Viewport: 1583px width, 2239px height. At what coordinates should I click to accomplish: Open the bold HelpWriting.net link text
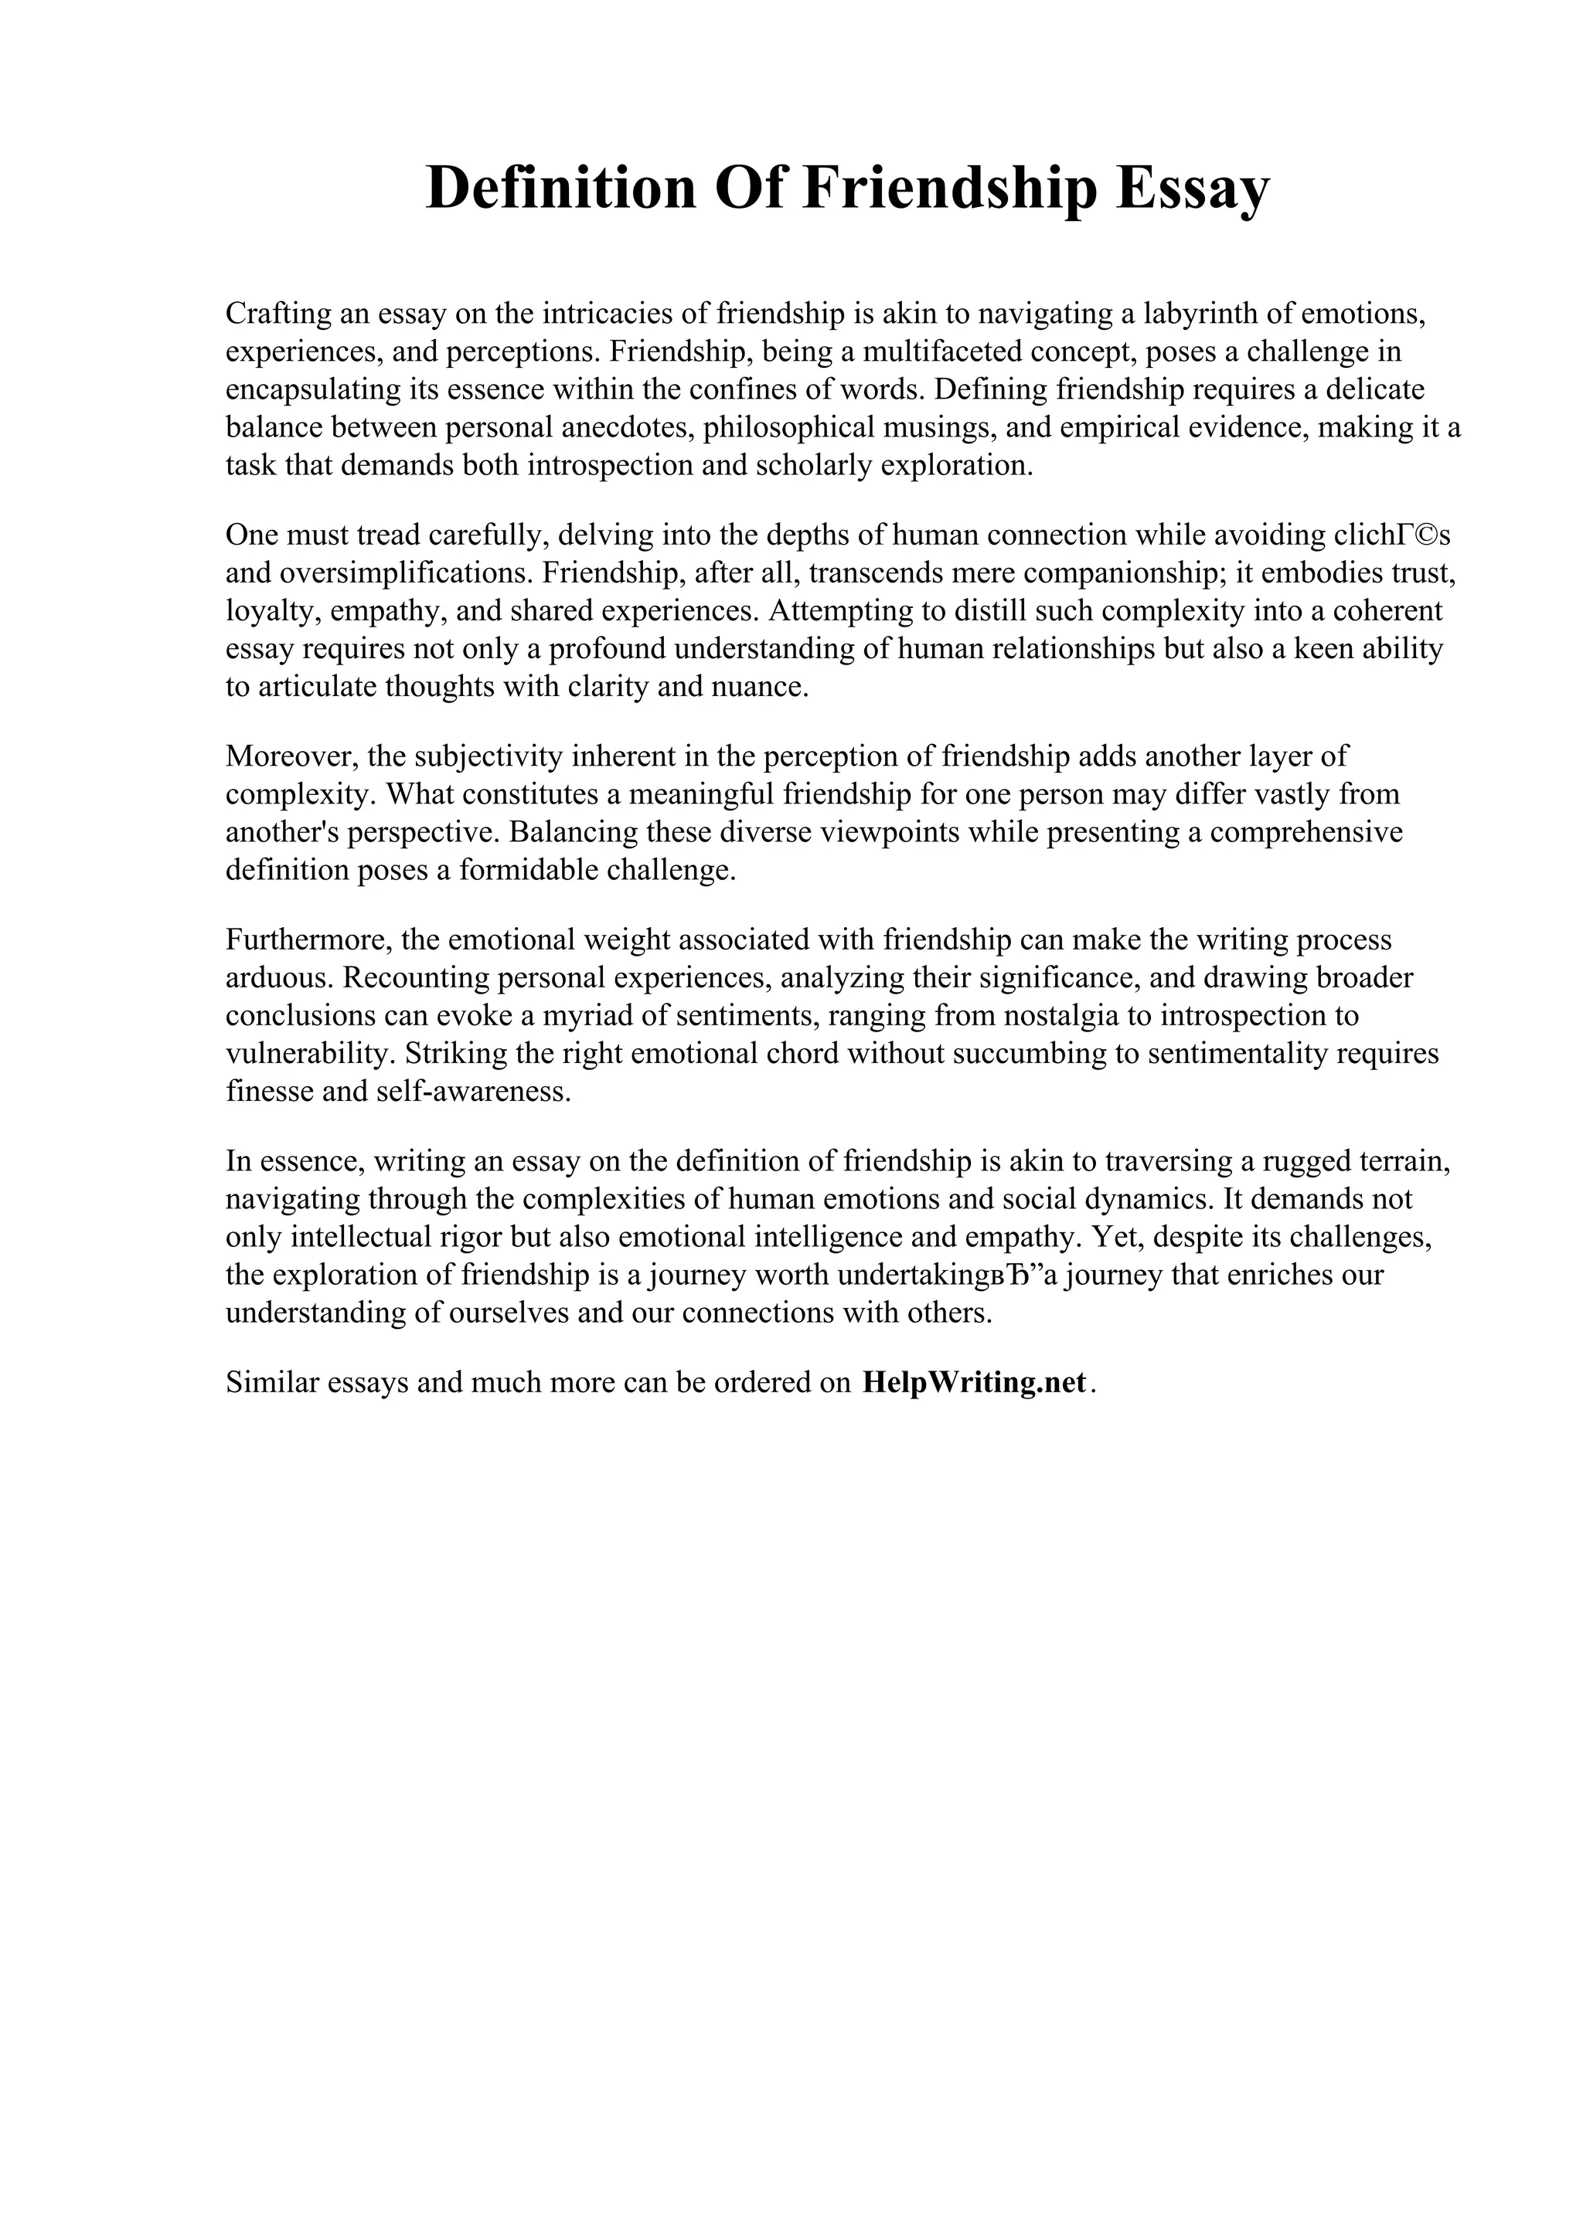click(972, 1383)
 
